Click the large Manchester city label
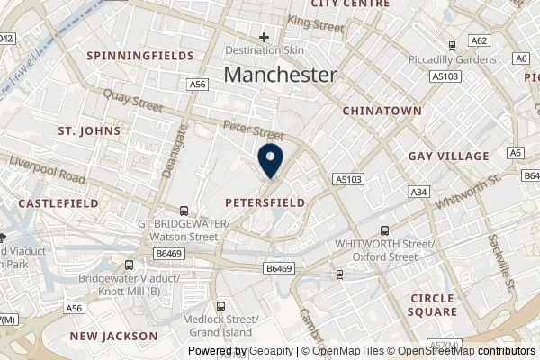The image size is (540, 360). coord(280,75)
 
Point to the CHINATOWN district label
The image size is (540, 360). coord(382,110)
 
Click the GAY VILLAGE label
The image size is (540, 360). coord(449,156)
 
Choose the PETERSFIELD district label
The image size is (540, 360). coord(265,202)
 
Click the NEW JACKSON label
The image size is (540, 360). coord(114,336)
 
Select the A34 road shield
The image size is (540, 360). coord(418,192)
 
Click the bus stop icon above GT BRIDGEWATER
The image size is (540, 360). coord(184,208)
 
